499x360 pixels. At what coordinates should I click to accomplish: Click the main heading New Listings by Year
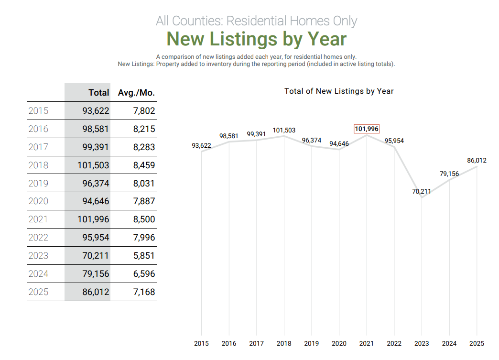click(256, 39)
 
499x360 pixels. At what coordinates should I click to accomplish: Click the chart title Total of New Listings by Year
click(339, 91)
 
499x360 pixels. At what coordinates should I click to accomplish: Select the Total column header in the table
click(98, 93)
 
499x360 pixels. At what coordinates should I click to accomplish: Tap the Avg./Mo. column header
click(136, 93)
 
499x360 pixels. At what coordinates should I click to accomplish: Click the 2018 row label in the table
click(38, 165)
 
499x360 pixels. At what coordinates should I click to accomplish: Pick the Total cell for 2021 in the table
click(93, 219)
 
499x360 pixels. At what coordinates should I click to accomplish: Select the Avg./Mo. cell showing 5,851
click(144, 256)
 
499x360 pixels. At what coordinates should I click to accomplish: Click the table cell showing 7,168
click(144, 292)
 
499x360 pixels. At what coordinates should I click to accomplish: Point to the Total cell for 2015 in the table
click(96, 111)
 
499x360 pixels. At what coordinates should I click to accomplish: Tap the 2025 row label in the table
click(38, 292)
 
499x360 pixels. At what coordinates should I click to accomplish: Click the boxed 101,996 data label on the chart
click(367, 129)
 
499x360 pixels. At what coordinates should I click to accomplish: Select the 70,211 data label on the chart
click(422, 191)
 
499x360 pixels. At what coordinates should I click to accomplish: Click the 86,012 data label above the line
click(477, 160)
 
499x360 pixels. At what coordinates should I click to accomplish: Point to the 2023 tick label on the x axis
click(422, 343)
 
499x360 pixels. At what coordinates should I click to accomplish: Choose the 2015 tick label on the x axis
click(201, 343)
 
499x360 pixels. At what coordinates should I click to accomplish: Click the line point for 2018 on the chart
click(284, 136)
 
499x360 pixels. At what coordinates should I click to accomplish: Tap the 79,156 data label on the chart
click(449, 174)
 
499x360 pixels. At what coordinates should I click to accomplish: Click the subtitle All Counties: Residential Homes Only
click(256, 21)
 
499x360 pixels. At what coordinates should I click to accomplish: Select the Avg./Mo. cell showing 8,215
click(144, 129)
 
